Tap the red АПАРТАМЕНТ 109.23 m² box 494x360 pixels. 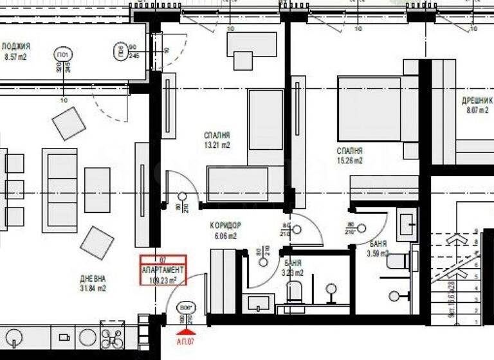[x=164, y=271]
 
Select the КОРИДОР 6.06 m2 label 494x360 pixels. [x=225, y=230]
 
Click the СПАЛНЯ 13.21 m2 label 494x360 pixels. [x=217, y=140]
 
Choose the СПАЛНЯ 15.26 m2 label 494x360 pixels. [x=349, y=155]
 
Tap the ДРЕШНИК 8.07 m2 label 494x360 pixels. [x=477, y=105]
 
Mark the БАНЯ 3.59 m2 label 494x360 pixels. [x=379, y=248]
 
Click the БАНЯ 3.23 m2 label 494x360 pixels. [x=293, y=267]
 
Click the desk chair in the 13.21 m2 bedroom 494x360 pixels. [x=243, y=60]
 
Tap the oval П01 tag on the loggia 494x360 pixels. [x=62, y=53]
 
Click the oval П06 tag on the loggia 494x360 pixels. [x=119, y=51]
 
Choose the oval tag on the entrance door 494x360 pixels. [x=186, y=307]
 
